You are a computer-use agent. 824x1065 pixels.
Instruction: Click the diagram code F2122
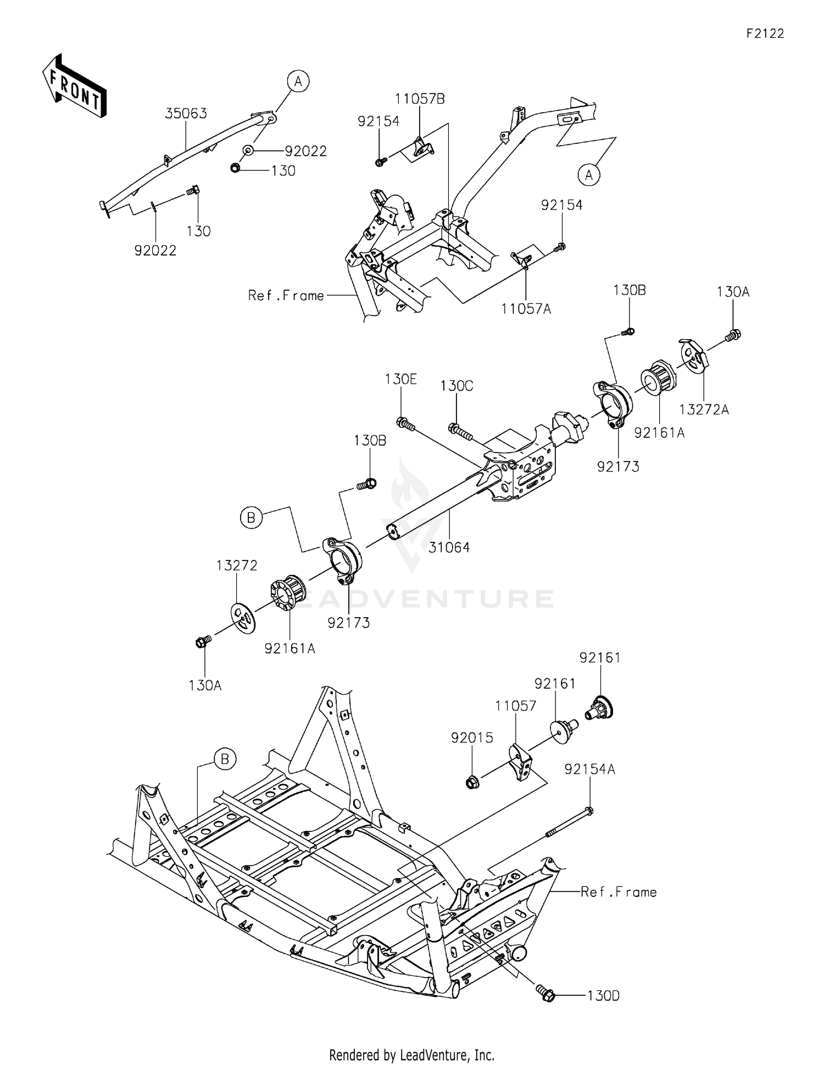click(x=765, y=34)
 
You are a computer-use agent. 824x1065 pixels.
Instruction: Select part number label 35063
click(x=186, y=114)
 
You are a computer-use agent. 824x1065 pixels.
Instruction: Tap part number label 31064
click(x=450, y=547)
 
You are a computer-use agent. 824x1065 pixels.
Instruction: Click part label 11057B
click(x=420, y=99)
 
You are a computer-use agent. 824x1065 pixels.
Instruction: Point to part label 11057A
click(x=526, y=309)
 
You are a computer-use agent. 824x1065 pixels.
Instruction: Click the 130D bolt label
click(x=603, y=996)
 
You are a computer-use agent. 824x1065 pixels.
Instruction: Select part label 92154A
click(x=589, y=770)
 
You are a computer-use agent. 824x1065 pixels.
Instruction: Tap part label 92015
click(x=472, y=737)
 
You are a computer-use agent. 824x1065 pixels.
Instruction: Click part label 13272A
click(x=704, y=409)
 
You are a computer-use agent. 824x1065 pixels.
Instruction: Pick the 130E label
click(x=400, y=379)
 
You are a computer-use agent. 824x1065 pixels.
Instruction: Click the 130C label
click(x=456, y=386)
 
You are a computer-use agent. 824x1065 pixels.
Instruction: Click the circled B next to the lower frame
click(x=225, y=759)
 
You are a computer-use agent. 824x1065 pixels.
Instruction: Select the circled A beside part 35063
click(x=298, y=82)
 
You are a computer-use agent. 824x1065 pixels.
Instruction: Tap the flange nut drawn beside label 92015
click(x=471, y=781)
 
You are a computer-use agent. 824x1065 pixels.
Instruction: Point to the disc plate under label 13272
click(x=243, y=619)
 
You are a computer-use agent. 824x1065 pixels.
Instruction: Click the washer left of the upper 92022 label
click(x=248, y=151)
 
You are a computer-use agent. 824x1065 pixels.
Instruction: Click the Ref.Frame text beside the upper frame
click(x=286, y=296)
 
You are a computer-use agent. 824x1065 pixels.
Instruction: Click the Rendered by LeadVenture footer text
click(x=411, y=1055)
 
